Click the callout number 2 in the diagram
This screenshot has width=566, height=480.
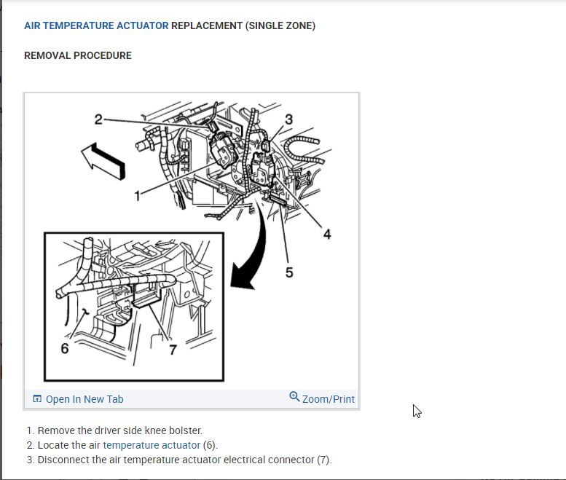tap(98, 119)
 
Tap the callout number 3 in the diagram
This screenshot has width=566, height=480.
tap(289, 119)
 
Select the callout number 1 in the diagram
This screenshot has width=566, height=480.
tap(136, 194)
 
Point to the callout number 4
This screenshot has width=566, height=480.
tap(327, 234)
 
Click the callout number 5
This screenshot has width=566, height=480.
tap(289, 272)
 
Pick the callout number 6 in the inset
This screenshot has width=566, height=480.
tap(65, 349)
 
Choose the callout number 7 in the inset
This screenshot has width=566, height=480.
tap(173, 349)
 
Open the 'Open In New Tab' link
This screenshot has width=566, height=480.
tap(84, 399)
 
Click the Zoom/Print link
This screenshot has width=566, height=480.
tap(329, 399)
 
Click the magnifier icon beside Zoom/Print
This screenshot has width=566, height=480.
tap(294, 397)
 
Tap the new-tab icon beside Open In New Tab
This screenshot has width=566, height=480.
tap(37, 399)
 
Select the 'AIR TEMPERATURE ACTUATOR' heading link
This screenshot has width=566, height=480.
tap(96, 25)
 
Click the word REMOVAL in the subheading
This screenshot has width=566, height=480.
tap(48, 55)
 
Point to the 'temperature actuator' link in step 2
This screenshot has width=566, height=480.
tap(152, 445)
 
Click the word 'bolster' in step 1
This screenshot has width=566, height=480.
tap(185, 430)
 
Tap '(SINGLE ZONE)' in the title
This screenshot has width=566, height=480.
tap(280, 25)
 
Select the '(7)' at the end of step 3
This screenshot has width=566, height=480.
tap(324, 460)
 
